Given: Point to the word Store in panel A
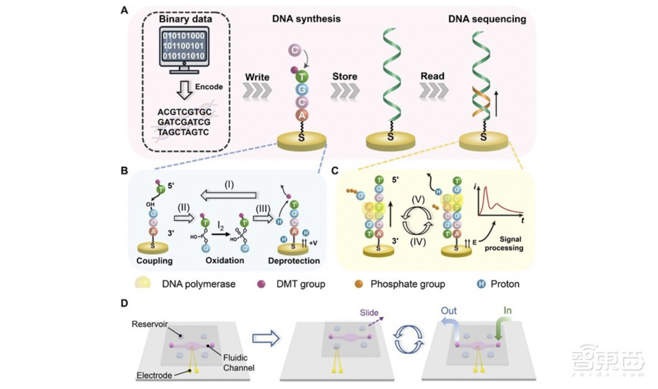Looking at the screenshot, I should click(344, 76).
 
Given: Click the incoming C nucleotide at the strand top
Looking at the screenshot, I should click(294, 51).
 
